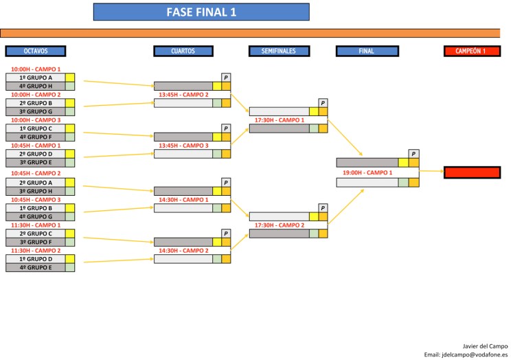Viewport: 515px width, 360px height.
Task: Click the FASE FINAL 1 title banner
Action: pos(201,12)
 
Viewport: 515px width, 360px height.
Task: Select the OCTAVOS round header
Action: pos(36,51)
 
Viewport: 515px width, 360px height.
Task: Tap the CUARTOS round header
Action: pos(183,51)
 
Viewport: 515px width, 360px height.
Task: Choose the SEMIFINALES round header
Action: pos(278,51)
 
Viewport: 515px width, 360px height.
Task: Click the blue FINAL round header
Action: pos(367,51)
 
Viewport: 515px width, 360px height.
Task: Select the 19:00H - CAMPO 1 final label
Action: pos(367,172)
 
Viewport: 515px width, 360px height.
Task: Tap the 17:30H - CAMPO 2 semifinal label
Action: pos(279,225)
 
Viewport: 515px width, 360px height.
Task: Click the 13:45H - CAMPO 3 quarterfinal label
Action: pos(183,146)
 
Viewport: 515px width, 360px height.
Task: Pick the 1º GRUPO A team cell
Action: pos(36,78)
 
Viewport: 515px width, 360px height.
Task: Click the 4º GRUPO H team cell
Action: pos(36,86)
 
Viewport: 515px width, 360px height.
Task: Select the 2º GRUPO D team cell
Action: pos(36,154)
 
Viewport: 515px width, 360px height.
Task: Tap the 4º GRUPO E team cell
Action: pos(36,267)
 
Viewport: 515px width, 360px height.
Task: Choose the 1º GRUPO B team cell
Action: pos(36,207)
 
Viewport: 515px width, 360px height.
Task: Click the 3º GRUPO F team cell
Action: pos(36,242)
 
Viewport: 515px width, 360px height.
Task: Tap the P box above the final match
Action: pos(413,154)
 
